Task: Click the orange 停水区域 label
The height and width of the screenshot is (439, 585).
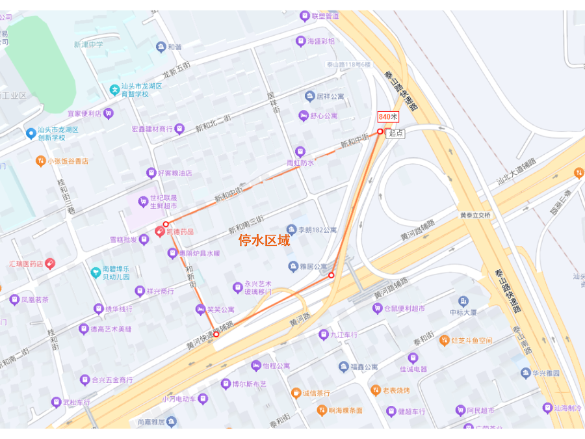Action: point(264,241)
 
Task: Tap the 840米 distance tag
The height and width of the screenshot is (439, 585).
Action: point(388,116)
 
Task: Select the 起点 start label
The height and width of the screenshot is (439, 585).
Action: point(395,133)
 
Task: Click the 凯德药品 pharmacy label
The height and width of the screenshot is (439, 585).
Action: point(179,231)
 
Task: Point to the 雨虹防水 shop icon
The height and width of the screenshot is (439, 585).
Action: point(300,152)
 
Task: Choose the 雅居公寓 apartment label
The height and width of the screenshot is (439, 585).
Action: point(313,266)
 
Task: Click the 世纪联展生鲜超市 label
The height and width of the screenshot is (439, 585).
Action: point(163,202)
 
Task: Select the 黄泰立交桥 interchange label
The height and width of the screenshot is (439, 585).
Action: point(476,215)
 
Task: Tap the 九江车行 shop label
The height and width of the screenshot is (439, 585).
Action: point(344,335)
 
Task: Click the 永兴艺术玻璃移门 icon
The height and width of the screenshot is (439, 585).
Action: point(238,287)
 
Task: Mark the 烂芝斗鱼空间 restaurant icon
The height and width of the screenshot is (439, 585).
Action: point(445,340)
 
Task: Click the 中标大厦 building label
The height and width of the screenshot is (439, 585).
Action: point(463,312)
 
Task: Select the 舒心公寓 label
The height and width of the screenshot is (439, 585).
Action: point(323,116)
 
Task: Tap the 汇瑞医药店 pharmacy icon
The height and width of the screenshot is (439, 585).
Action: point(50,263)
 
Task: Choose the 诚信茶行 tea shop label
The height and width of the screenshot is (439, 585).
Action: point(317,393)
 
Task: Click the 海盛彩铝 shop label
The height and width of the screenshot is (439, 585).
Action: point(321,41)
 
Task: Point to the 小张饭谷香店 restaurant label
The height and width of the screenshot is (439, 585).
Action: point(68,161)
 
